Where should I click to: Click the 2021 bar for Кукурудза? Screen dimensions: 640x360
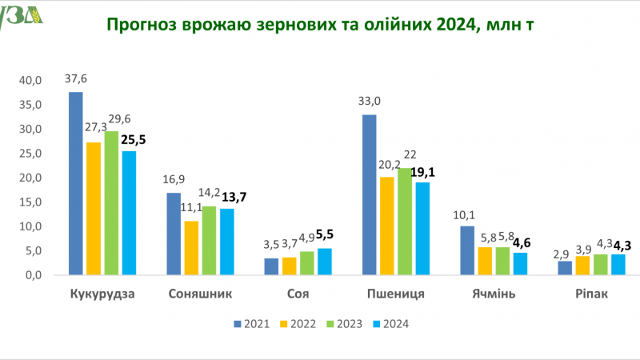(75, 183)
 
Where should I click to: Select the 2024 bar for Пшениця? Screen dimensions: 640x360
(423, 228)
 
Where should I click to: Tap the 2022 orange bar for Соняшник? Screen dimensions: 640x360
(191, 248)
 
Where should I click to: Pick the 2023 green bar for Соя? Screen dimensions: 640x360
(307, 263)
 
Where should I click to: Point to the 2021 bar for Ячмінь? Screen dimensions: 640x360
(467, 250)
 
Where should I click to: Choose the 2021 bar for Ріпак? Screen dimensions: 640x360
(565, 268)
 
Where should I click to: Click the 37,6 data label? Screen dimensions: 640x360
(76, 78)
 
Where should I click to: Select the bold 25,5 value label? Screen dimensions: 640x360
(134, 140)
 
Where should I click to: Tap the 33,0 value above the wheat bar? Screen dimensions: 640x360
(370, 101)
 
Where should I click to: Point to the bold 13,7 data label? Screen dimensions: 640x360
(234, 198)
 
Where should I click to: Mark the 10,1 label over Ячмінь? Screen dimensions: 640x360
(464, 215)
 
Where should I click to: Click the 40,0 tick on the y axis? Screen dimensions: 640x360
(30, 81)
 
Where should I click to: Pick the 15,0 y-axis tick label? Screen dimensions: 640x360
(30, 202)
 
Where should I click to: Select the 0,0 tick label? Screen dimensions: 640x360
(34, 275)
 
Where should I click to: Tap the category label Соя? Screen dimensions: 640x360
(298, 294)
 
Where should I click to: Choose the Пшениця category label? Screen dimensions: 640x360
(396, 294)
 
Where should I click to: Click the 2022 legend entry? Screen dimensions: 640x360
(298, 324)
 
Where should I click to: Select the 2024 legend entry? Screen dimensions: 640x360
(391, 324)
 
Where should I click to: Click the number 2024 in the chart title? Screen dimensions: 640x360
(454, 25)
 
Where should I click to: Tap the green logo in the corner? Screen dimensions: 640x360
(21, 17)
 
